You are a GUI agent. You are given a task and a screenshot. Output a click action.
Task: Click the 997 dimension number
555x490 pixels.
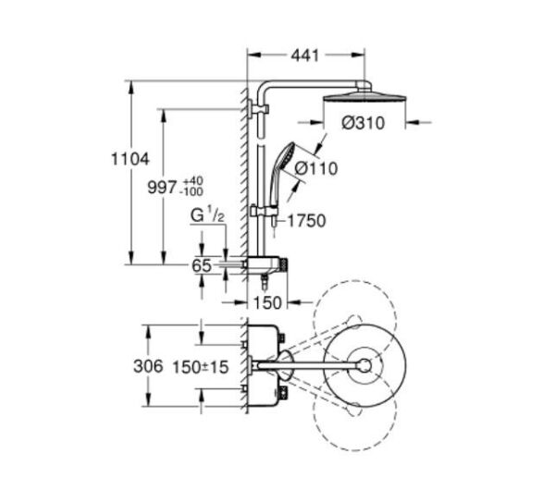tap(163, 186)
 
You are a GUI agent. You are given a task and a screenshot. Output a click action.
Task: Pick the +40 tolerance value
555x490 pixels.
tap(192, 179)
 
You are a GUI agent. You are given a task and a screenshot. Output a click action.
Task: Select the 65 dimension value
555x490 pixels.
tap(202, 264)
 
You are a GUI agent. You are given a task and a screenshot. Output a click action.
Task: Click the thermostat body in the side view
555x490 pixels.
tap(268, 265)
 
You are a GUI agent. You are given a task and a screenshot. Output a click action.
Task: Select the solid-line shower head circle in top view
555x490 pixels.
tap(363, 364)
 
